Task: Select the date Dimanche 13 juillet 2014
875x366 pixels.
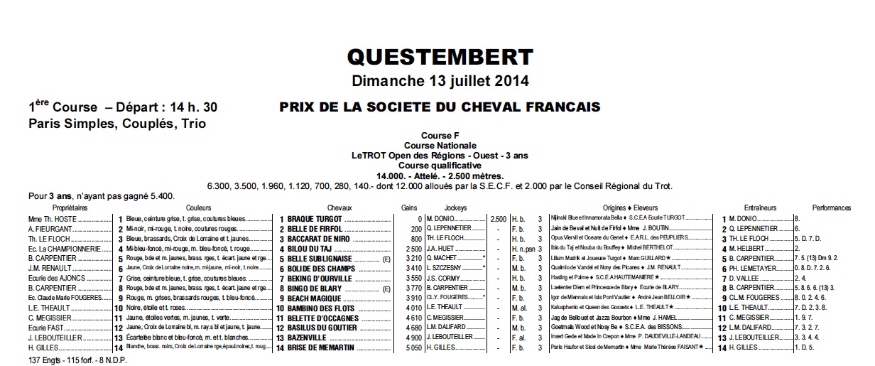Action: click(440, 80)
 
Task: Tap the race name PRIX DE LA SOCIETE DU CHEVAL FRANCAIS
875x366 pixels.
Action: click(440, 107)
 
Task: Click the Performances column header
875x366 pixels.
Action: click(830, 208)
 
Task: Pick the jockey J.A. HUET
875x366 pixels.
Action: click(442, 249)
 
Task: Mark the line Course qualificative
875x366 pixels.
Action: click(440, 166)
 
